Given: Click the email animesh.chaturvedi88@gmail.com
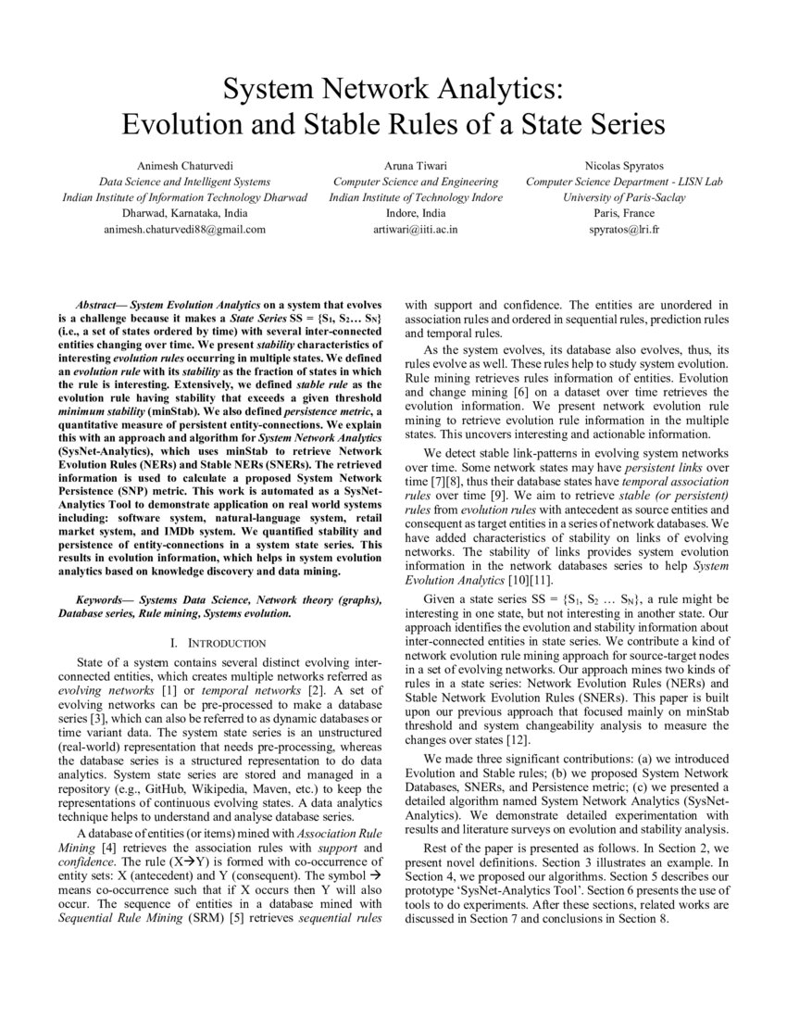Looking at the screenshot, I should (x=184, y=229).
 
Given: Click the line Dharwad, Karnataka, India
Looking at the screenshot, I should (x=184, y=213).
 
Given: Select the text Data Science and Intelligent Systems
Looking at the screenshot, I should (x=184, y=182).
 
